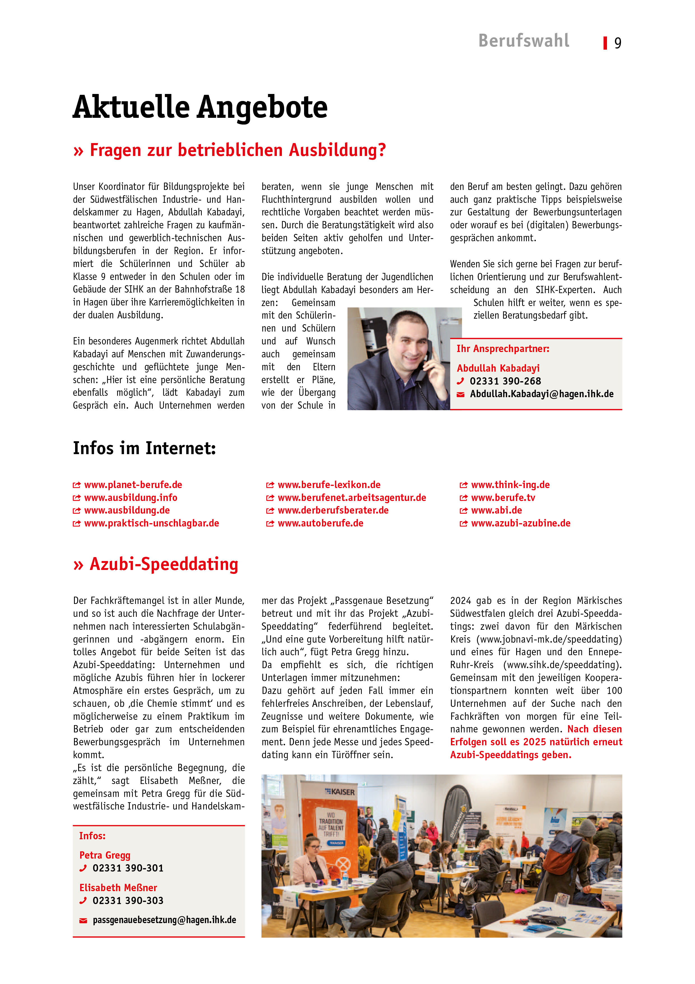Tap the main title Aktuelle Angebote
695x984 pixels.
click(200, 107)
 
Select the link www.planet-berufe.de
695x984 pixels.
click(133, 485)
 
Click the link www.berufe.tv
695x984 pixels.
click(503, 498)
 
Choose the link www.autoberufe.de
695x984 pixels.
click(320, 523)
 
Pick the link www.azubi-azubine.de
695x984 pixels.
click(520, 523)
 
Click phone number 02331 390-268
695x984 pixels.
click(505, 381)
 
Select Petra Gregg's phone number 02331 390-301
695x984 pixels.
click(128, 868)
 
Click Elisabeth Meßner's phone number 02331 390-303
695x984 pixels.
click(128, 900)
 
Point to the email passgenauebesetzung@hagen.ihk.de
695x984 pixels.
click(165, 920)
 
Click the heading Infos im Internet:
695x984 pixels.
click(144, 448)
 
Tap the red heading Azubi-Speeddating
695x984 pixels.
click(164, 564)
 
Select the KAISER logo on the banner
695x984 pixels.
click(340, 792)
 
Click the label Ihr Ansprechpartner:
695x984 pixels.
click(503, 348)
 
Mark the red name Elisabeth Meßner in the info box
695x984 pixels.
click(118, 888)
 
